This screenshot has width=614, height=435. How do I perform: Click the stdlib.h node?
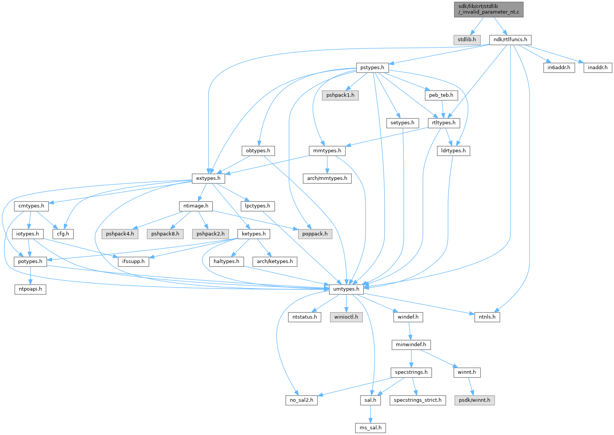point(467,40)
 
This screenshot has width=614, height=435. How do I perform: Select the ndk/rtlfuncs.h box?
point(510,40)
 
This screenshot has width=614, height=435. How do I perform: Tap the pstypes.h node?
point(372,68)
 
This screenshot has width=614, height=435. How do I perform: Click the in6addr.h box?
point(559,68)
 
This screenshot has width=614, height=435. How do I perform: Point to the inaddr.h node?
point(598,68)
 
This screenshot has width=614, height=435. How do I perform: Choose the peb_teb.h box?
point(441,95)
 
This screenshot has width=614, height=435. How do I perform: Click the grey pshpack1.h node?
point(340,95)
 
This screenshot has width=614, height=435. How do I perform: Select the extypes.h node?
point(208,178)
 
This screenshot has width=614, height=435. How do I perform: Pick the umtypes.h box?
point(346,289)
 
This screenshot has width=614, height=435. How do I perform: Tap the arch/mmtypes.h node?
point(327,178)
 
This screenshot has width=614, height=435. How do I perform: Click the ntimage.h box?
point(195,206)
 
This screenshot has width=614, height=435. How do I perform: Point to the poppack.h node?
point(315,234)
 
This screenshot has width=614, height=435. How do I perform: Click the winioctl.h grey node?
point(346,317)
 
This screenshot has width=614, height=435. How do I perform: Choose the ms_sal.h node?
point(371,428)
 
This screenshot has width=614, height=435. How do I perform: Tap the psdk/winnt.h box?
point(474,400)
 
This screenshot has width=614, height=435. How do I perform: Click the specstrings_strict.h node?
point(417,400)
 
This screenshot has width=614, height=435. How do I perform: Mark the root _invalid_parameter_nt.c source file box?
point(489,9)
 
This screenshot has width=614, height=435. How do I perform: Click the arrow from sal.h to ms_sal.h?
point(371,414)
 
